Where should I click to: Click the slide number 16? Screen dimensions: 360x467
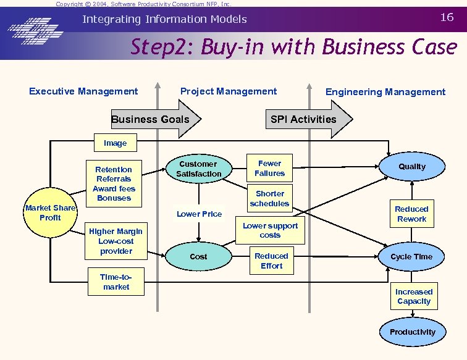[x=447, y=18]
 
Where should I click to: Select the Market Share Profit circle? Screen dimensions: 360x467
[x=50, y=213]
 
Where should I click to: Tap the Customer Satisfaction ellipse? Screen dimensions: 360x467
[x=198, y=169]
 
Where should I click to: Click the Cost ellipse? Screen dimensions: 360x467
[x=198, y=256]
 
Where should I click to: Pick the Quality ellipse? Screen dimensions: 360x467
[x=411, y=167]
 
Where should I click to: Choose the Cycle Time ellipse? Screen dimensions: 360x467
[x=411, y=256]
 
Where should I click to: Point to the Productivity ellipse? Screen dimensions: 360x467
[x=412, y=332]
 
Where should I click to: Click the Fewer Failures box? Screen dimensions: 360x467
[x=269, y=169]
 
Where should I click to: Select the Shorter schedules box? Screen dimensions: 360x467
[x=269, y=198]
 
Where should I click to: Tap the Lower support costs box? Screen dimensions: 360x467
[x=270, y=230]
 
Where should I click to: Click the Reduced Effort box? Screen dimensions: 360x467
[x=271, y=261]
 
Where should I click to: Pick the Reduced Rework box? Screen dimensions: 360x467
[x=411, y=214]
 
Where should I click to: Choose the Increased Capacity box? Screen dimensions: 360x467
[x=414, y=296]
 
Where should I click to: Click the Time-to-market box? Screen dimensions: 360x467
[x=116, y=282]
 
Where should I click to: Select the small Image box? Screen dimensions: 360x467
[x=115, y=143]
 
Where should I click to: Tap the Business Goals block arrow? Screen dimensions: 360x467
[x=155, y=119]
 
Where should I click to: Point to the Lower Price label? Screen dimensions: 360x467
[x=199, y=214]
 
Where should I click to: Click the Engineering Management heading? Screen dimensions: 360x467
[x=385, y=92]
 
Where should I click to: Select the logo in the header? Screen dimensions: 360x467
[x=35, y=30]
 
